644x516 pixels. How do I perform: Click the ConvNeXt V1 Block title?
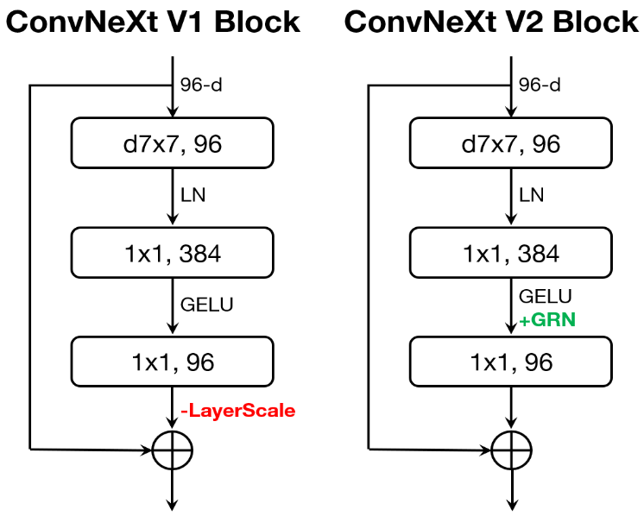(x=153, y=22)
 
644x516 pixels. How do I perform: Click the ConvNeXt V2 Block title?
(x=491, y=22)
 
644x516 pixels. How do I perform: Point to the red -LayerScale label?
(x=237, y=411)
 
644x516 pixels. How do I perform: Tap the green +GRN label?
(x=546, y=320)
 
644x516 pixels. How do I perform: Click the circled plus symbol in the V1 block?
(x=173, y=450)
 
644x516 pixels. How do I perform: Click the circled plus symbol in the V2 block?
(x=511, y=450)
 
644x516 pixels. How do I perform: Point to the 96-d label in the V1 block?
(x=201, y=85)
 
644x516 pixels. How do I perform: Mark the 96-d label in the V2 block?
(x=540, y=85)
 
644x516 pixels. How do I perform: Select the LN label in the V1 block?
(x=193, y=195)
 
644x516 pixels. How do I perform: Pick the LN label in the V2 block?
(x=532, y=195)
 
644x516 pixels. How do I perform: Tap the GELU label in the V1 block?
(x=206, y=304)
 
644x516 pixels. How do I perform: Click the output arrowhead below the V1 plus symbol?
(x=173, y=505)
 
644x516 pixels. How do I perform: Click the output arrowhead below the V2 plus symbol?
(x=511, y=505)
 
